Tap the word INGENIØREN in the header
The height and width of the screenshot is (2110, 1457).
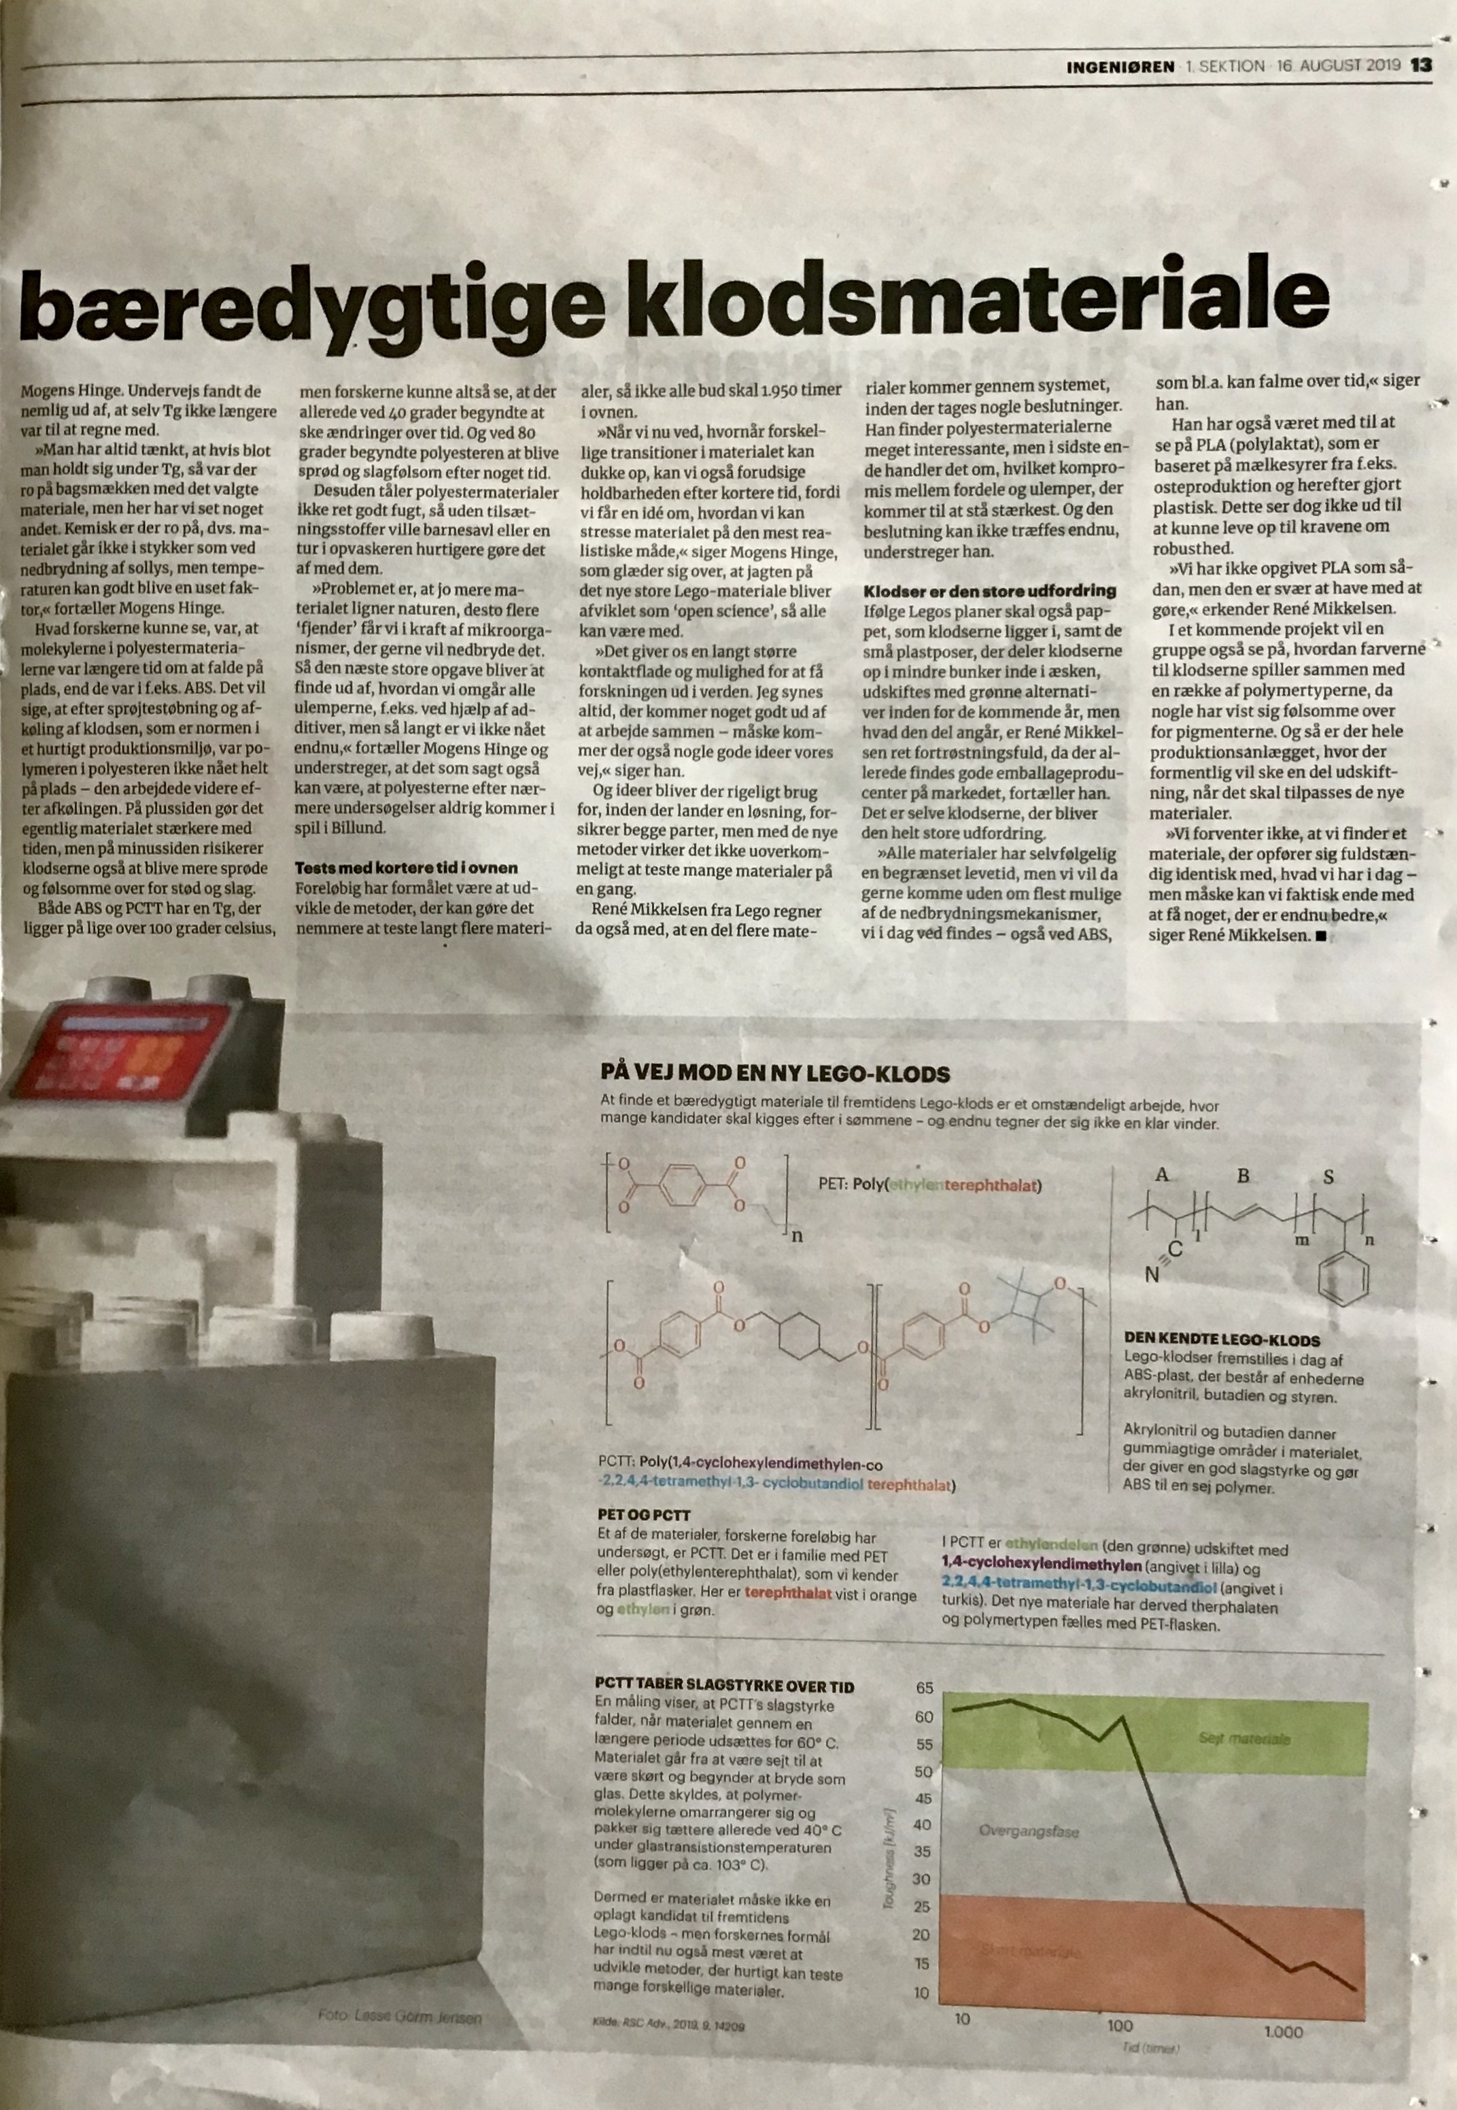coord(1120,66)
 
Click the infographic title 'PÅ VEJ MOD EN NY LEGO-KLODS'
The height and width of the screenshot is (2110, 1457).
coord(775,1073)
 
